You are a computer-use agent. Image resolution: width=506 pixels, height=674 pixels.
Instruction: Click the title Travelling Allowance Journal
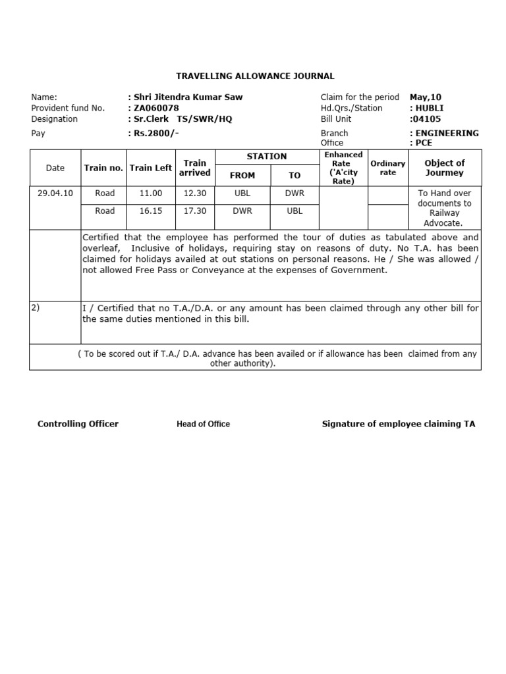pyautogui.click(x=255, y=76)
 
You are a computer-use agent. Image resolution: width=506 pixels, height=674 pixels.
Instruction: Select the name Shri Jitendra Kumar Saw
pyautogui.click(x=186, y=97)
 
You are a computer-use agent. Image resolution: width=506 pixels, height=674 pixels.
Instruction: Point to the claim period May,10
pyautogui.click(x=426, y=97)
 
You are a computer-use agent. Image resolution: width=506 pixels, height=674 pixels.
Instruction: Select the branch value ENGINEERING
pyautogui.click(x=445, y=133)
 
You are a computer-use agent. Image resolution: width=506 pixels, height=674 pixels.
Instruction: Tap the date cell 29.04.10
pyautogui.click(x=55, y=194)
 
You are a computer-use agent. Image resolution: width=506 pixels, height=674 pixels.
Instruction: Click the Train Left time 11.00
pyautogui.click(x=151, y=194)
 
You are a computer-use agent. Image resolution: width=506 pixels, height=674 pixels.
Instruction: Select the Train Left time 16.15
pyautogui.click(x=151, y=211)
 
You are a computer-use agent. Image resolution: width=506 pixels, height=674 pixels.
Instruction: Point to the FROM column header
pyautogui.click(x=242, y=176)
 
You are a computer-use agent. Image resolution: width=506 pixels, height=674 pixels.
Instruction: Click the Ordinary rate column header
pyautogui.click(x=388, y=168)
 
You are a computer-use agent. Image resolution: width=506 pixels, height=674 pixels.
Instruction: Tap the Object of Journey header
pyautogui.click(x=445, y=168)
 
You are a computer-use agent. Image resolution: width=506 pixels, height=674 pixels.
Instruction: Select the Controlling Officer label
pyautogui.click(x=78, y=424)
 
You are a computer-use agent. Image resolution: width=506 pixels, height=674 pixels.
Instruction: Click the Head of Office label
pyautogui.click(x=203, y=425)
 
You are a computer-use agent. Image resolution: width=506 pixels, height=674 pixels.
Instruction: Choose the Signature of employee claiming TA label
pyautogui.click(x=398, y=424)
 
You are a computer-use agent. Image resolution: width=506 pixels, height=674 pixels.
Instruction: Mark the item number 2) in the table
pyautogui.click(x=36, y=307)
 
